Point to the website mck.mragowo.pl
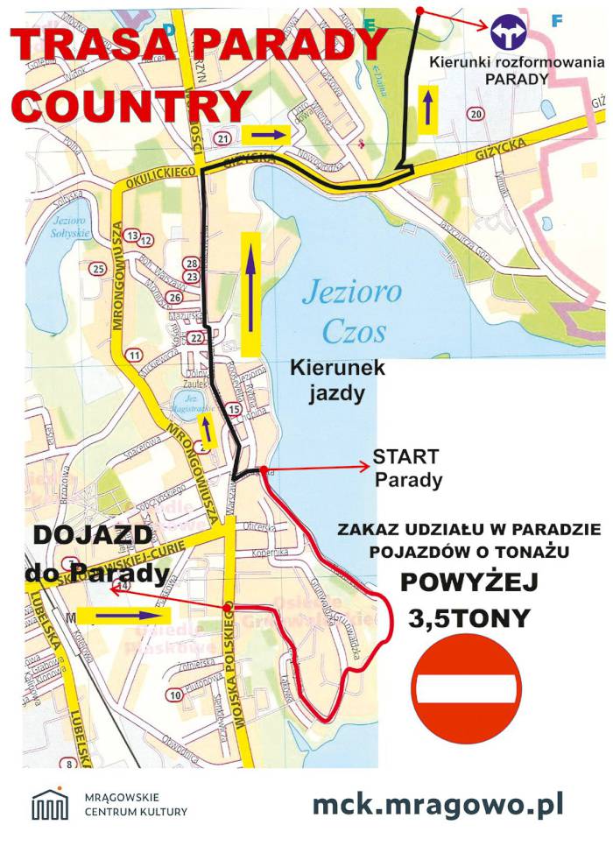438,802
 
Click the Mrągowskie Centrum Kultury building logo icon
50,803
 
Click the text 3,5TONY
469,618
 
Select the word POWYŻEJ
469,582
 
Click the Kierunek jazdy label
337,381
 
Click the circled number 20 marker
476,115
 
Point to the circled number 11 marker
134,355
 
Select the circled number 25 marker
98,268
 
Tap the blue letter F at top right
557,19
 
